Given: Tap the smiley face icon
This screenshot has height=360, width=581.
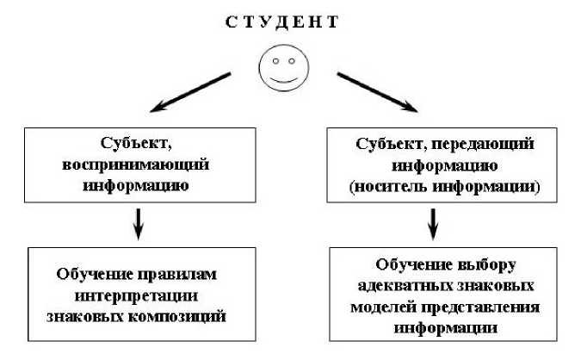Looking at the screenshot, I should click(283, 67).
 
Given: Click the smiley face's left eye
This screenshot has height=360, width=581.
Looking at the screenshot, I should click(275, 61).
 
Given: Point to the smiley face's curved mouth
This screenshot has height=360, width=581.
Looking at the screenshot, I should click(283, 78).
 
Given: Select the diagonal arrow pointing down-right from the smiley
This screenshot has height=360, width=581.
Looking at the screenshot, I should click(377, 92).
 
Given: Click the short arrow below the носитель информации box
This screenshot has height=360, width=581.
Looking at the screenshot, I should click(434, 227).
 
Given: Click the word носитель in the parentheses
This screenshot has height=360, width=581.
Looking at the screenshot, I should click(401, 186).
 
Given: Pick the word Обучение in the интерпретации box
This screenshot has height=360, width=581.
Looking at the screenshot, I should click(92, 276).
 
